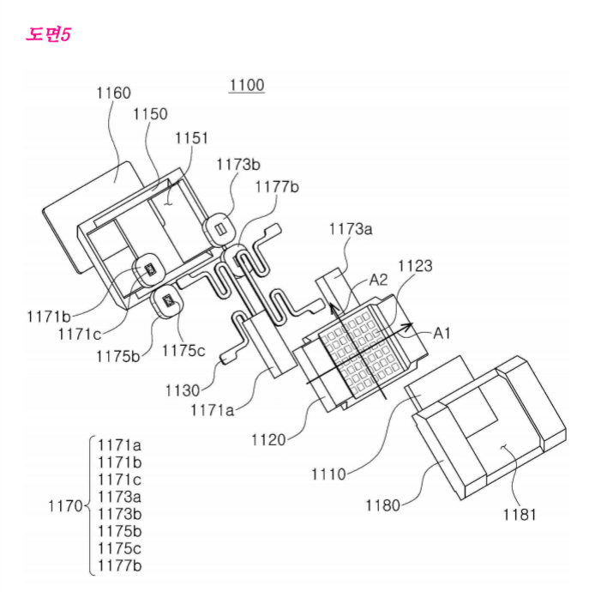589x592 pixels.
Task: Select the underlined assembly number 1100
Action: tap(247, 85)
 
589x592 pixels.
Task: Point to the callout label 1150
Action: tap(150, 114)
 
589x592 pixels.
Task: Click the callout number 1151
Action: tap(191, 137)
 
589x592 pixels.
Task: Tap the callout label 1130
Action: tap(184, 390)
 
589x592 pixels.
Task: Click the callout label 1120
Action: tap(269, 440)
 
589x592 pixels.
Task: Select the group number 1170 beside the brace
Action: tap(64, 505)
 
